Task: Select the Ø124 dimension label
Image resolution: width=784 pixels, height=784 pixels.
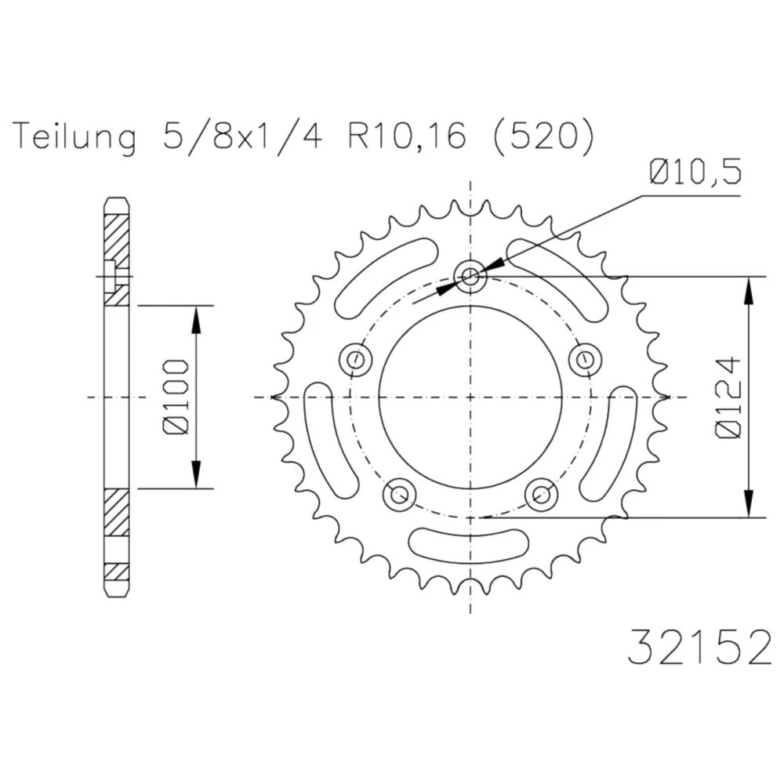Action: click(728, 397)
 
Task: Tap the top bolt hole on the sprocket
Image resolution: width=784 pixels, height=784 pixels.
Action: click(470, 275)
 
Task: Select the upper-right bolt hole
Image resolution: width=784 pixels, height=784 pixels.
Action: click(584, 360)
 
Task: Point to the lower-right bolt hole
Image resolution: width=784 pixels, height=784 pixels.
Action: click(541, 494)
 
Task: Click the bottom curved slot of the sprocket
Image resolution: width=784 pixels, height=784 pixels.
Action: click(470, 543)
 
